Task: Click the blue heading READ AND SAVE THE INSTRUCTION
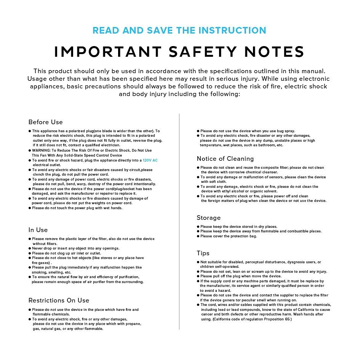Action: coord(179,30)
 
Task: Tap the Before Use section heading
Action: coord(45,122)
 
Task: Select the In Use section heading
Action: coord(38,230)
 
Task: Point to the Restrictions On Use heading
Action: coord(59,301)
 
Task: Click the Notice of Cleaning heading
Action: coord(225,159)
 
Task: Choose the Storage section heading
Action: coord(208,218)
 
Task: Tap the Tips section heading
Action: coord(203,253)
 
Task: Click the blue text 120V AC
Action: coord(150,160)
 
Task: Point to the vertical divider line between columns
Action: coord(179,221)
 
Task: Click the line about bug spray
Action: coord(248,131)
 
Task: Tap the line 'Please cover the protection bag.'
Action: coord(229,236)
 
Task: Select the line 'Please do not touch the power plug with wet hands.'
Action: coord(77,208)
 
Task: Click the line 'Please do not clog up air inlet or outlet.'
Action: coord(66,253)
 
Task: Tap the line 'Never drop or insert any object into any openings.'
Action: coord(75,248)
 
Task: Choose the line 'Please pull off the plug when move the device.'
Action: coord(241,276)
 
